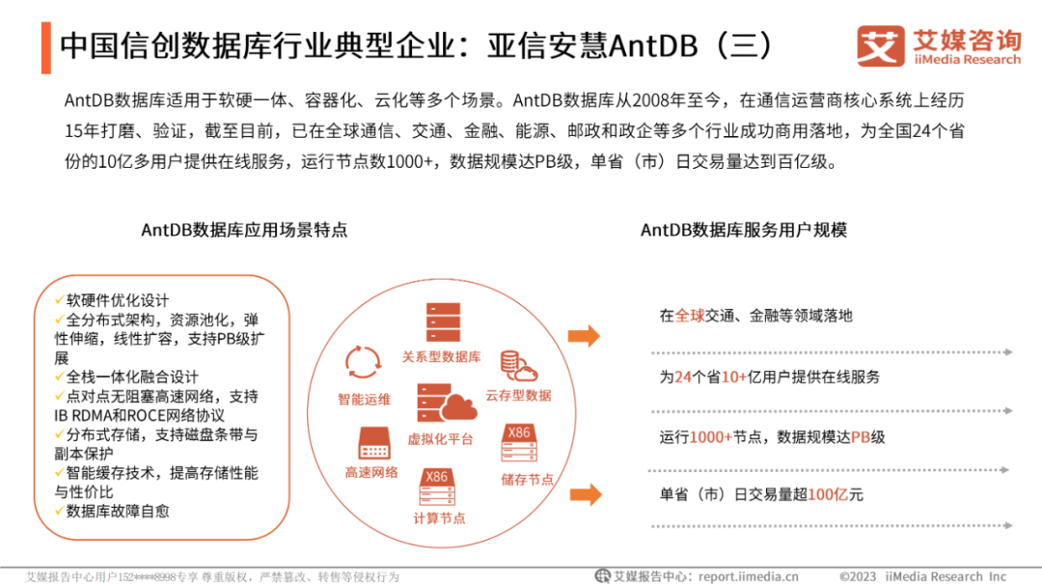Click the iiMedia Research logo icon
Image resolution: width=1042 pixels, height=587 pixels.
tap(880, 45)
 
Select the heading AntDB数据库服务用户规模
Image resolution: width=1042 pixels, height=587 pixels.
tap(744, 230)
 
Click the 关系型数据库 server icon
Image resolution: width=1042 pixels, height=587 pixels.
tap(443, 321)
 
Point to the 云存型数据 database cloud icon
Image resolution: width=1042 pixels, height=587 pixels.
tap(518, 367)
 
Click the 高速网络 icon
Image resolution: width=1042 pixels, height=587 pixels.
tap(372, 443)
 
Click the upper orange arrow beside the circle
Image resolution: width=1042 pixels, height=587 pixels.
tap(584, 336)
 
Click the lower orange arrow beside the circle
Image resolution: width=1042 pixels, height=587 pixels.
tap(584, 495)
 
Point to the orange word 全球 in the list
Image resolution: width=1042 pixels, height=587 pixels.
tap(690, 316)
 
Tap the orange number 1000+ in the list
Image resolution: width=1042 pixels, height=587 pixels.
tap(710, 437)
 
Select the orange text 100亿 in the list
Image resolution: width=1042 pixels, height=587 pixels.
tap(827, 495)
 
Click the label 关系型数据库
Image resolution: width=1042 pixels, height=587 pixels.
tap(441, 357)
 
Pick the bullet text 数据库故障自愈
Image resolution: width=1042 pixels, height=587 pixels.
tap(118, 511)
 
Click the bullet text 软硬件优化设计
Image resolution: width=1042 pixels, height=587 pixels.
tap(118, 300)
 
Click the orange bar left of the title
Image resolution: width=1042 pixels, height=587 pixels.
tap(46, 45)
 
